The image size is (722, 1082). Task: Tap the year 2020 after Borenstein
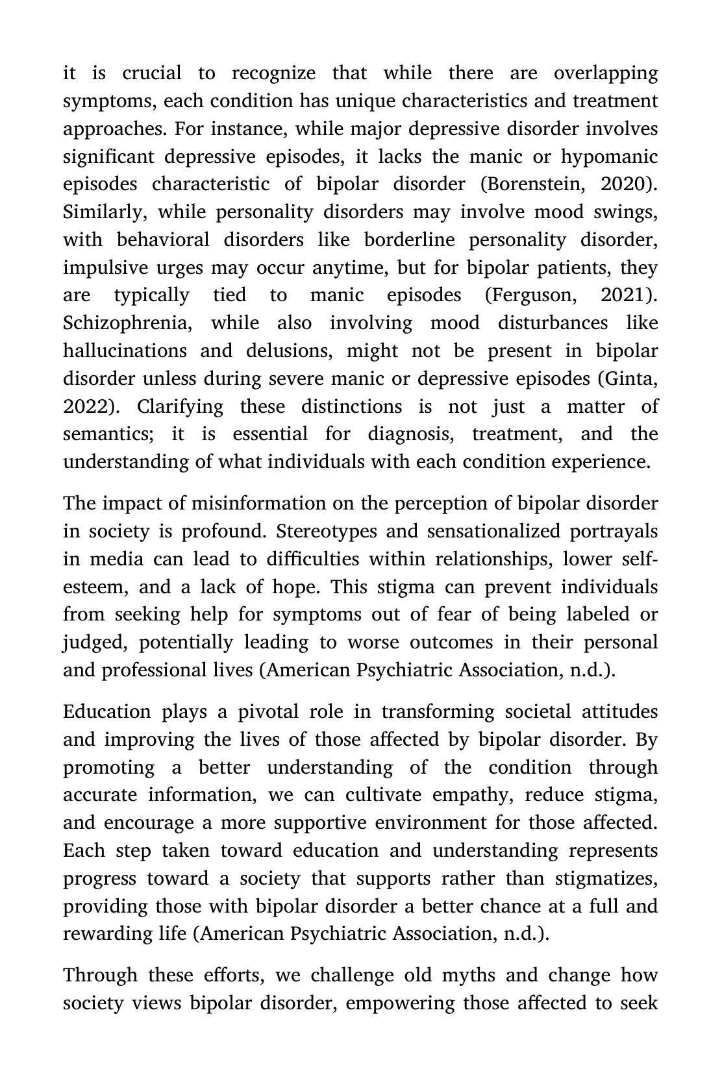point(627,184)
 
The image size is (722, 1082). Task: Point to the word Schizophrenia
point(127,323)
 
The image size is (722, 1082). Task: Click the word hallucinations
point(125,351)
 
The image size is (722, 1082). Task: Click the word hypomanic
point(609,156)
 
